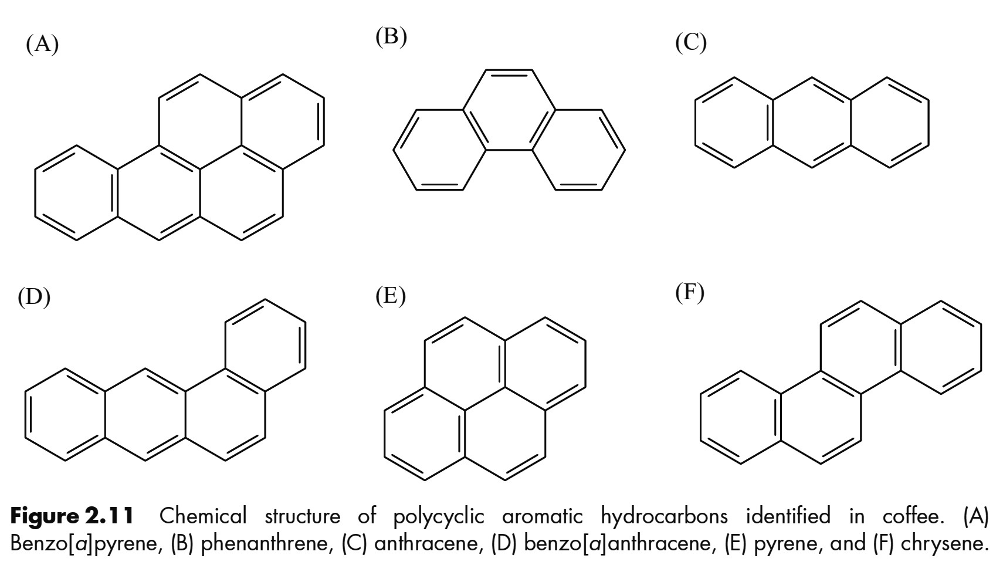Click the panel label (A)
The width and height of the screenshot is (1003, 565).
(x=42, y=44)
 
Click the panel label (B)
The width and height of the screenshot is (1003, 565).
(x=391, y=37)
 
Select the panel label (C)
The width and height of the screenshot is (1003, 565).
(x=690, y=43)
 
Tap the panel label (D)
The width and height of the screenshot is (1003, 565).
(x=34, y=297)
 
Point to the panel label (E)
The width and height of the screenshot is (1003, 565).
(x=391, y=297)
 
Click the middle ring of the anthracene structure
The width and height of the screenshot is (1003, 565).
(x=812, y=123)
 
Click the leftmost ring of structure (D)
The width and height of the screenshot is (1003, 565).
(x=65, y=415)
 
